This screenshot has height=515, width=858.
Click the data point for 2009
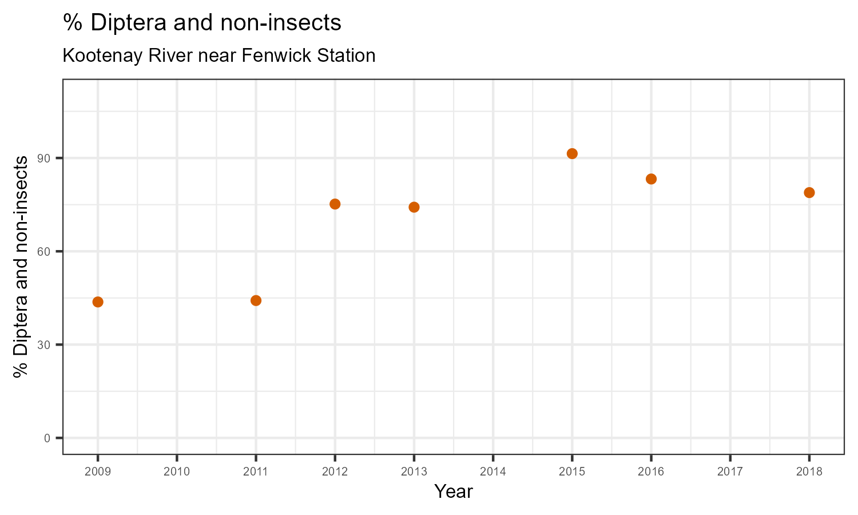point(98,302)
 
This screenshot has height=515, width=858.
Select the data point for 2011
point(256,300)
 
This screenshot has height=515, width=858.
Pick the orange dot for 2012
point(335,204)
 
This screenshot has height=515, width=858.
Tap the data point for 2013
point(414,207)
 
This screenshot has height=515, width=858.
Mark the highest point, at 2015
point(572,153)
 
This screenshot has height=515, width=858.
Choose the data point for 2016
point(651,179)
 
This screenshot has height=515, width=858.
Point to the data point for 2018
point(809,192)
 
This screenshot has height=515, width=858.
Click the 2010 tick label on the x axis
point(177,472)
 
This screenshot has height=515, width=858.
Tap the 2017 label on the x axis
point(730,472)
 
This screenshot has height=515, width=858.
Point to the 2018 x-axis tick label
point(809,472)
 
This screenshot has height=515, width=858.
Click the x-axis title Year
point(453,492)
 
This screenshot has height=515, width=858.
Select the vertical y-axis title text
point(21,266)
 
